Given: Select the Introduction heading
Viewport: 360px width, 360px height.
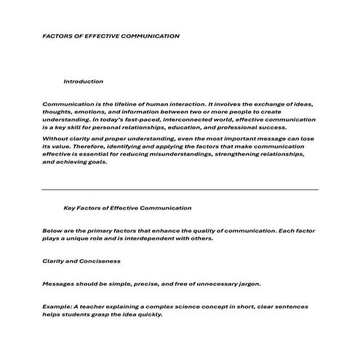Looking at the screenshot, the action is point(83,81).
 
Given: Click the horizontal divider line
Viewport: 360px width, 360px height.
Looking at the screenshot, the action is point(180,190).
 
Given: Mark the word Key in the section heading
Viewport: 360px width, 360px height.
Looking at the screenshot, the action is point(71,208).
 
